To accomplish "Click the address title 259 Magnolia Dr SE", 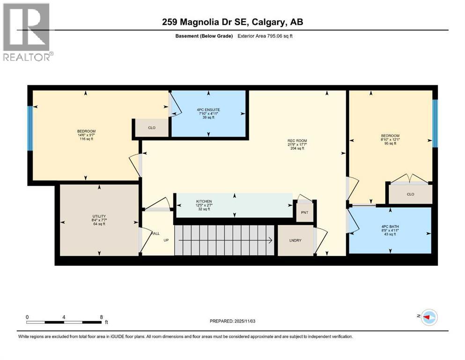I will click(232, 22).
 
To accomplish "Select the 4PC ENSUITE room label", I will click(208, 111).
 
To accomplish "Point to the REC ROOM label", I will click(297, 141).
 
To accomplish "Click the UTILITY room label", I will click(98, 217).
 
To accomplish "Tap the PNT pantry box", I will click(305, 212).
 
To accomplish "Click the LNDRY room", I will click(295, 240).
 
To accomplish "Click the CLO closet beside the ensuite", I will click(152, 127).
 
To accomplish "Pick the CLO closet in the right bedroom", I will click(410, 194).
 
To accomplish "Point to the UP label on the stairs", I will click(166, 240).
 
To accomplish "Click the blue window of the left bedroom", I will click(30, 128).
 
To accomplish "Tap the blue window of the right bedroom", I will click(435, 123).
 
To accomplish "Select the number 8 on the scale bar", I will click(102, 316).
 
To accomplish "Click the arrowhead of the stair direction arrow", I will click(271, 240).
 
